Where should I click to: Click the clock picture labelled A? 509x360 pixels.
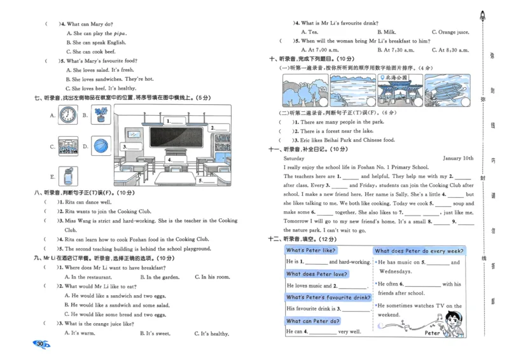point(67,115)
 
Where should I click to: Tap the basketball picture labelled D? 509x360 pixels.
point(101,146)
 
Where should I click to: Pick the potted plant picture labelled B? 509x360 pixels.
point(101,115)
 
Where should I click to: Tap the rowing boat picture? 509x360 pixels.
point(449,90)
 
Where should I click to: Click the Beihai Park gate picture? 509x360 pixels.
point(400,90)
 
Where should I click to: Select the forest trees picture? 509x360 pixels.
point(305,90)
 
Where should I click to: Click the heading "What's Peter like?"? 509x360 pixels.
point(311,251)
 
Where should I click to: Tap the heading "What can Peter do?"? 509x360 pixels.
point(313,321)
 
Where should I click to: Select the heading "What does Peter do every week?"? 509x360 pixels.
point(419,251)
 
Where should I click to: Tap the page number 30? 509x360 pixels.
point(41,344)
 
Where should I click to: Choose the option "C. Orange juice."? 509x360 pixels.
point(450,32)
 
